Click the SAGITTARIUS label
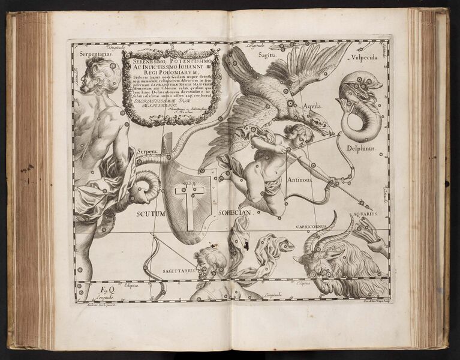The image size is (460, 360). pyautogui.click(x=179, y=271)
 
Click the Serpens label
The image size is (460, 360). pyautogui.click(x=147, y=152)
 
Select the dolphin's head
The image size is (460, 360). pyautogui.click(x=356, y=84)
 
